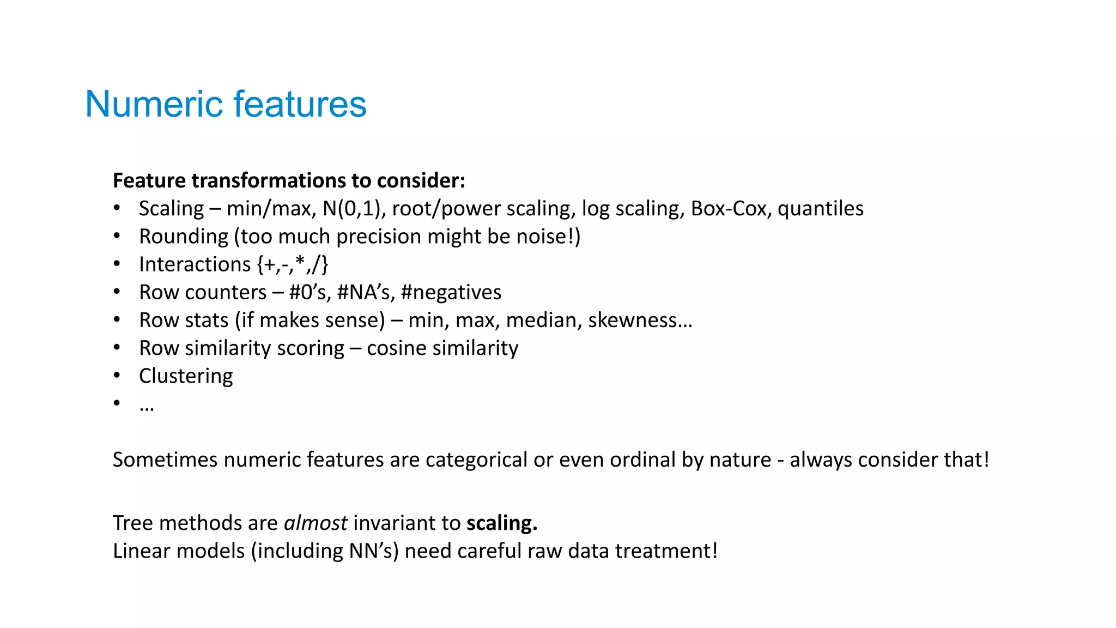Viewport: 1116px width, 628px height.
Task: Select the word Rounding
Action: (x=184, y=237)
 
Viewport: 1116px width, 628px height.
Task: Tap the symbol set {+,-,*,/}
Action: (x=292, y=264)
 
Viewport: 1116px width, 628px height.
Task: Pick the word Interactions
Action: (x=195, y=264)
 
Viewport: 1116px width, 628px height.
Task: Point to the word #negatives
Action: (x=451, y=292)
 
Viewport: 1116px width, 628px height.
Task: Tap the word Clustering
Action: (x=186, y=376)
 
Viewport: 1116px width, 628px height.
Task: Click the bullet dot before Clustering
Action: (x=117, y=375)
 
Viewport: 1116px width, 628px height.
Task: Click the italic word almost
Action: (x=316, y=523)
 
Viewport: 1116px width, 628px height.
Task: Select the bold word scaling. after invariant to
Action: (x=501, y=523)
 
